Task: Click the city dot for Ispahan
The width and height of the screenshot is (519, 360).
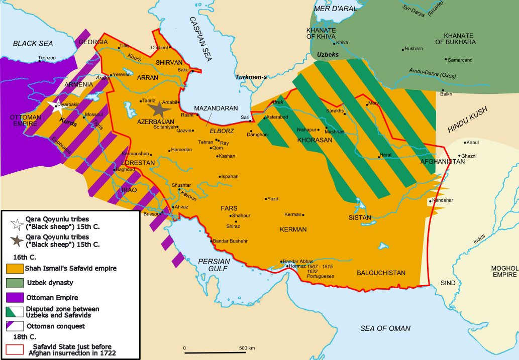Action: [x=220, y=176]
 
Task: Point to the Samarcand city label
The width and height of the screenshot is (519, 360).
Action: [x=460, y=60]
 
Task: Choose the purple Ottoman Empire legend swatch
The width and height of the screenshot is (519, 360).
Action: [x=14, y=297]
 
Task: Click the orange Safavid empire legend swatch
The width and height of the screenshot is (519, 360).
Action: [x=14, y=268]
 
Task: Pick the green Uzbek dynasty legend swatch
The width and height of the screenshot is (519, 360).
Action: [x=14, y=283]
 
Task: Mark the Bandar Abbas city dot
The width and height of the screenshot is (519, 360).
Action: [x=281, y=262]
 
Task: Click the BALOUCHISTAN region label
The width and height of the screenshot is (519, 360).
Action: [x=381, y=273]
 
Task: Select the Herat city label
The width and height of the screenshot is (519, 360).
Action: [x=386, y=155]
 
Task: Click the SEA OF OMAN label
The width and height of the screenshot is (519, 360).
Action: [x=385, y=328]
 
